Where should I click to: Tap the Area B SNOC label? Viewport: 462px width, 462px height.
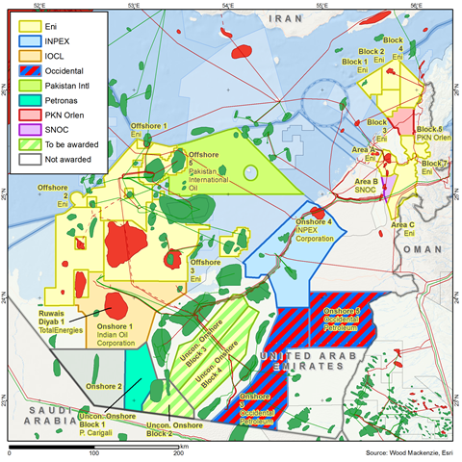pos(367,186)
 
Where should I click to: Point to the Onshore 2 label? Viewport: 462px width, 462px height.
pos(104,385)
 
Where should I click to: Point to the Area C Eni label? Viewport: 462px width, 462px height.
pos(405,227)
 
